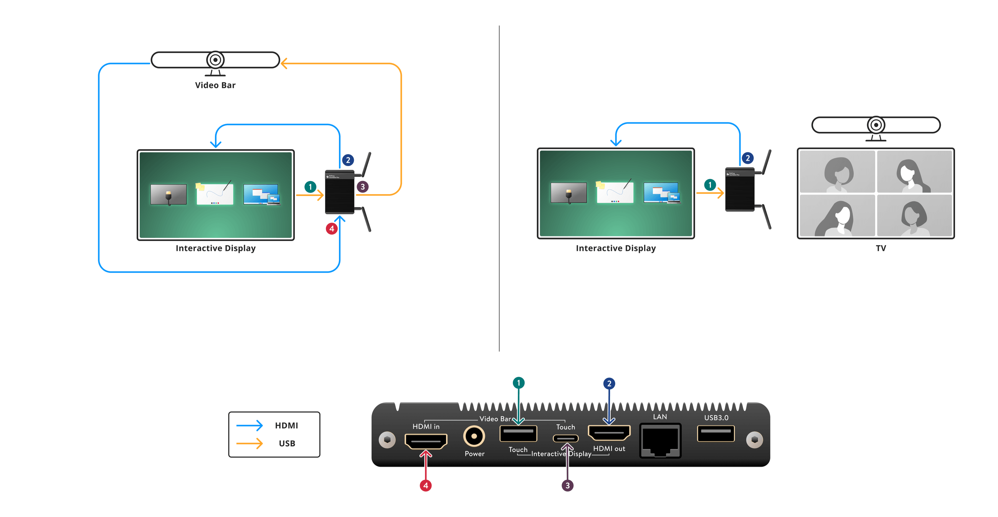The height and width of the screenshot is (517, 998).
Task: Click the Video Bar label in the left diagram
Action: [215, 85]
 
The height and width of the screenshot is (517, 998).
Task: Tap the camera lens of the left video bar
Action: [215, 60]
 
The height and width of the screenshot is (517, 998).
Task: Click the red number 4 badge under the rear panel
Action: [425, 485]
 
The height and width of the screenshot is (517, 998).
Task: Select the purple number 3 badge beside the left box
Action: [362, 186]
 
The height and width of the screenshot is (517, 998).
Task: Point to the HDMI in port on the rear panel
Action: [425, 441]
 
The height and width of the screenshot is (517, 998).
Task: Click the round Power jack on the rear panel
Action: [474, 436]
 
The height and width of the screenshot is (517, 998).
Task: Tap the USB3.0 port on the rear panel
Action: [715, 433]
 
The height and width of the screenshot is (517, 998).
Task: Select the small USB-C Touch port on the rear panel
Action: [566, 438]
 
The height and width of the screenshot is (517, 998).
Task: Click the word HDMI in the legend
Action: [286, 426]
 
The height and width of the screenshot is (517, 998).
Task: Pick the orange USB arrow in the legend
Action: [249, 443]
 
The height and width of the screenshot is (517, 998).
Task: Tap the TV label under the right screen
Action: [881, 248]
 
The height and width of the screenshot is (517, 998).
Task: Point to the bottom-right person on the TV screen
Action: [914, 216]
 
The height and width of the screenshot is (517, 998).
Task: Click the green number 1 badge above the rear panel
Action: [518, 383]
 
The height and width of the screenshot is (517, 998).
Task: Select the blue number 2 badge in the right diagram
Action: [747, 158]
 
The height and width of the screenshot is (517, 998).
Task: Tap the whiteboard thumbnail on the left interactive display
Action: [215, 193]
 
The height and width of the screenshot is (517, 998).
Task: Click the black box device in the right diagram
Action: [739, 190]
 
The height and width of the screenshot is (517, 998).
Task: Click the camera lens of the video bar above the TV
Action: [876, 125]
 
